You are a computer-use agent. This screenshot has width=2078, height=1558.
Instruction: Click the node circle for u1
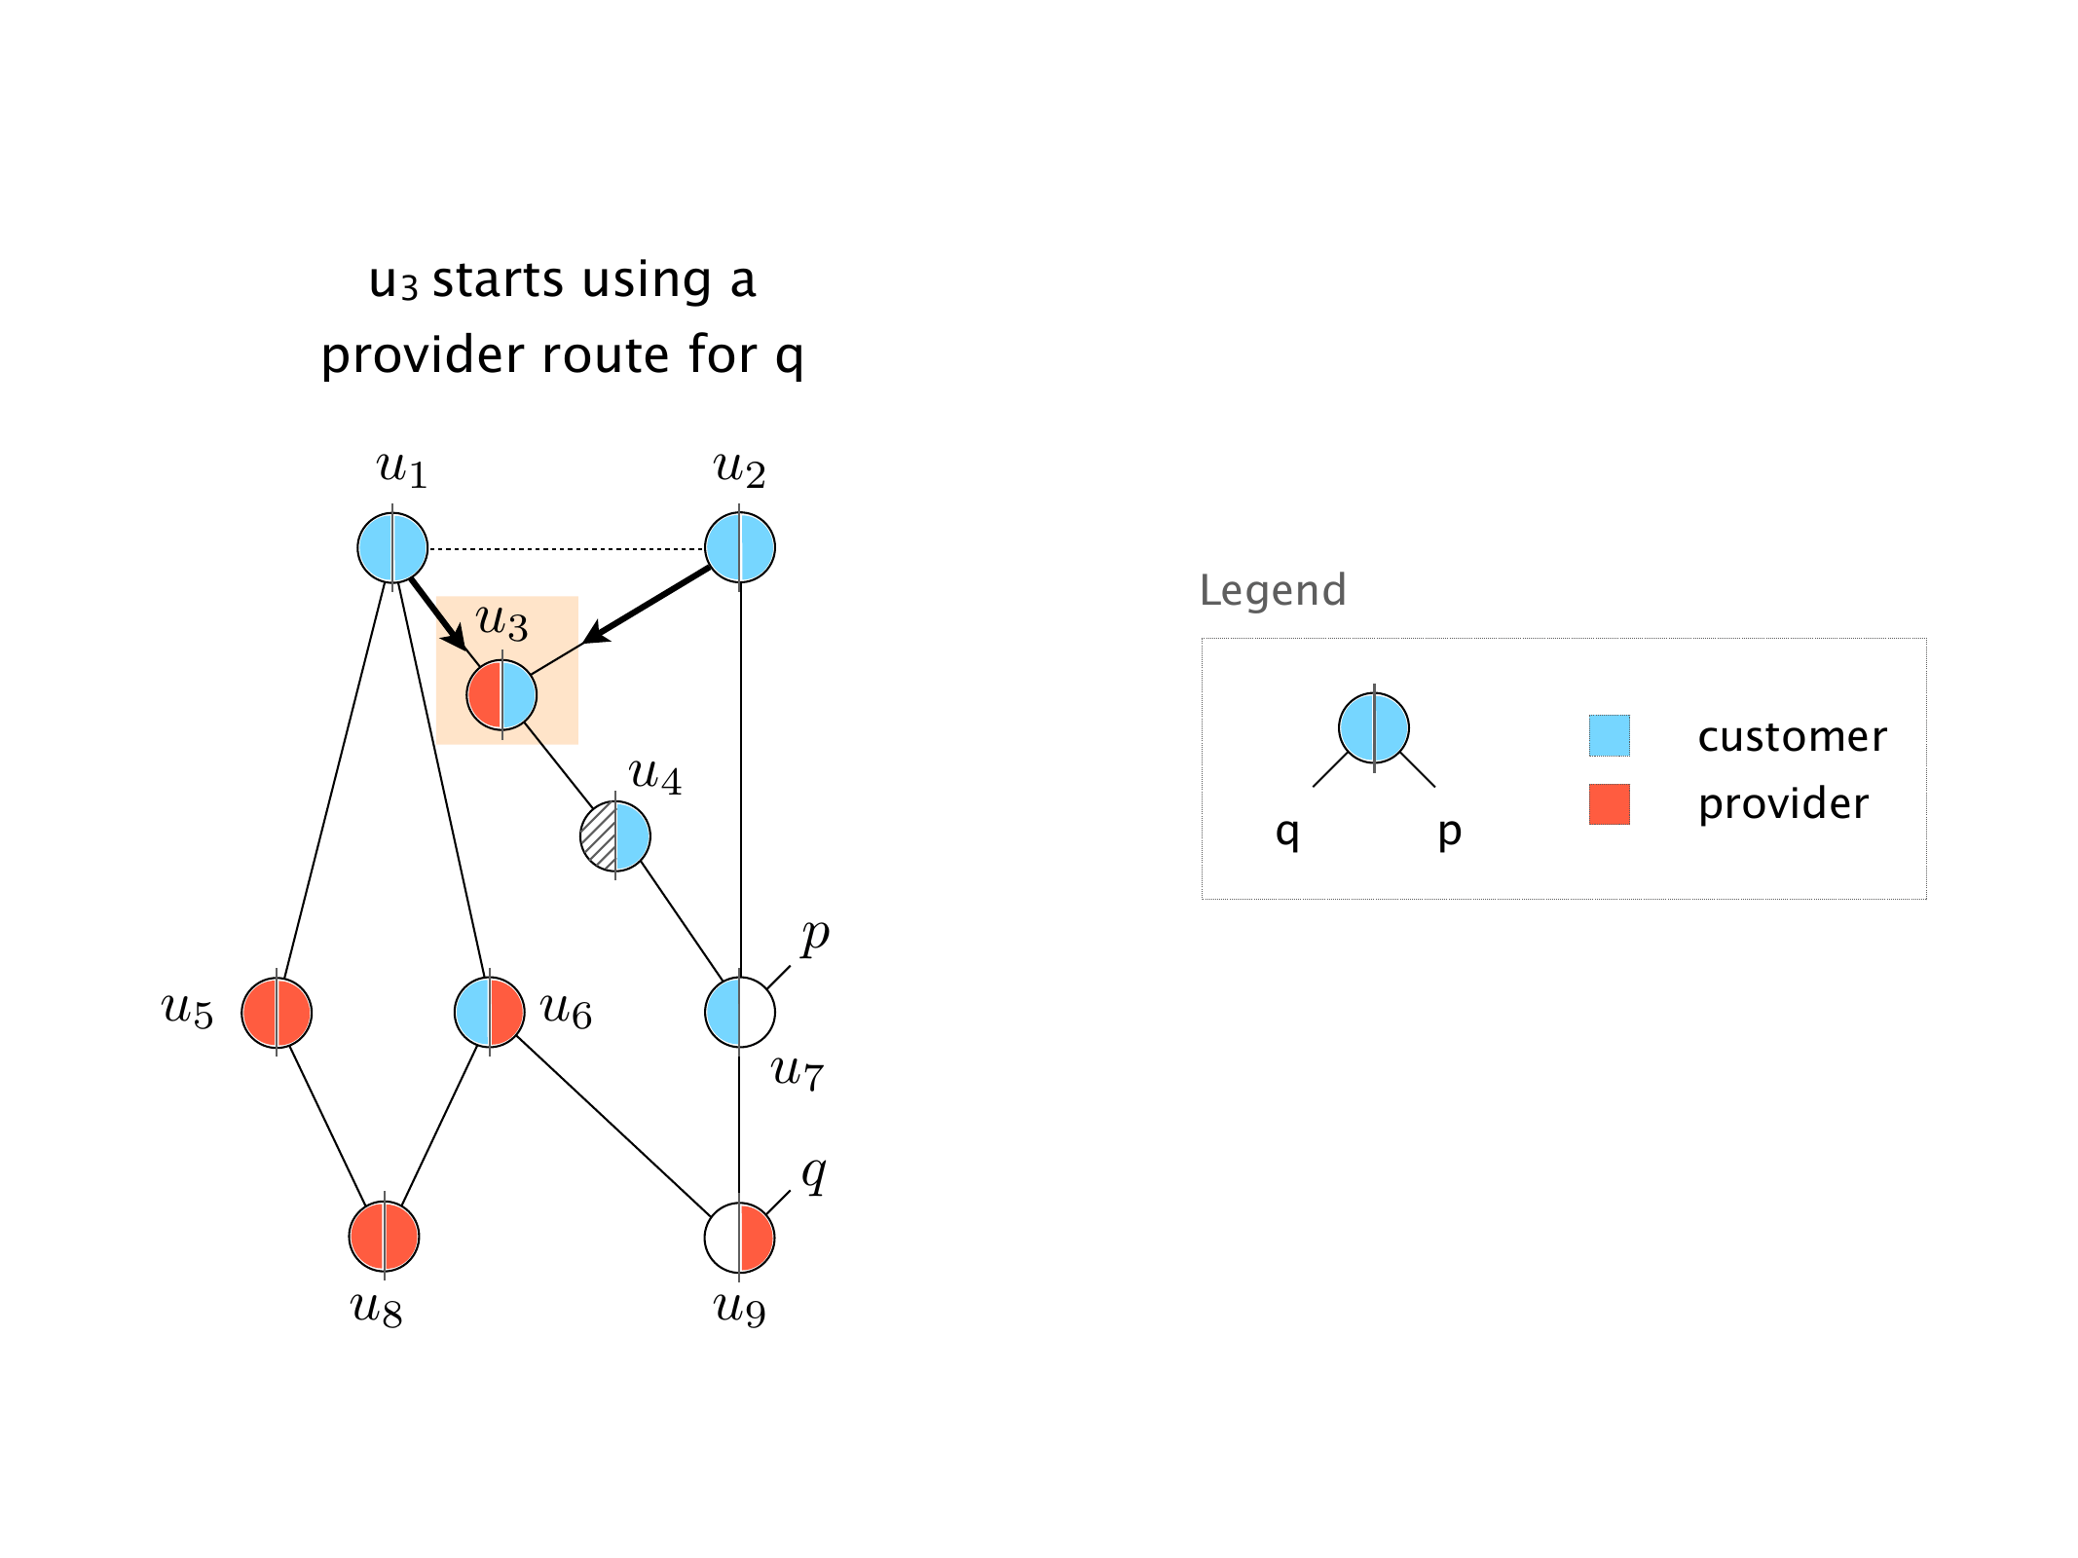(x=392, y=548)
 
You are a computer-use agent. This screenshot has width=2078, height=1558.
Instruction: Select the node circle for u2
(x=740, y=548)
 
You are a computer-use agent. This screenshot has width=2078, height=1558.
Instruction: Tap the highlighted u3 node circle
(x=501, y=695)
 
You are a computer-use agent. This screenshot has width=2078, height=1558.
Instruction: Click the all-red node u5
(x=277, y=1013)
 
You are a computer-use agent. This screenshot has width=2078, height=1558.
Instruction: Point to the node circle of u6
(x=490, y=1013)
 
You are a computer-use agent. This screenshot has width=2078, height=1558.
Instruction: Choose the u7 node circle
(x=740, y=1013)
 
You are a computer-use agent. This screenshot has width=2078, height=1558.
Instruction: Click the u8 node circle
(x=385, y=1237)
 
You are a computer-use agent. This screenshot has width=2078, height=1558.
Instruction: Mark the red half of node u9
(x=757, y=1238)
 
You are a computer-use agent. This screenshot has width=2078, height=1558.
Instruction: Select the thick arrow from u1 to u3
(x=436, y=612)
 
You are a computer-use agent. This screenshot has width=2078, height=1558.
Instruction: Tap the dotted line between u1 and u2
(x=565, y=549)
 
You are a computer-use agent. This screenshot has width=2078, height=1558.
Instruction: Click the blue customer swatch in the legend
(x=1609, y=736)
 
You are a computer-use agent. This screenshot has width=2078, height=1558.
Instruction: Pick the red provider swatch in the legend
(x=1609, y=804)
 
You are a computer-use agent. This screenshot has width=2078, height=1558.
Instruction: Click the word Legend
(x=1273, y=590)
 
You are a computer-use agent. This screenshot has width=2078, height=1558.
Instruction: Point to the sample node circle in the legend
(x=1374, y=727)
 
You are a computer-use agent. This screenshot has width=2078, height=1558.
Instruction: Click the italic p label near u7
(x=814, y=936)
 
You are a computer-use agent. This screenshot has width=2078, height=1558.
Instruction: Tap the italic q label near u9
(x=813, y=1173)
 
